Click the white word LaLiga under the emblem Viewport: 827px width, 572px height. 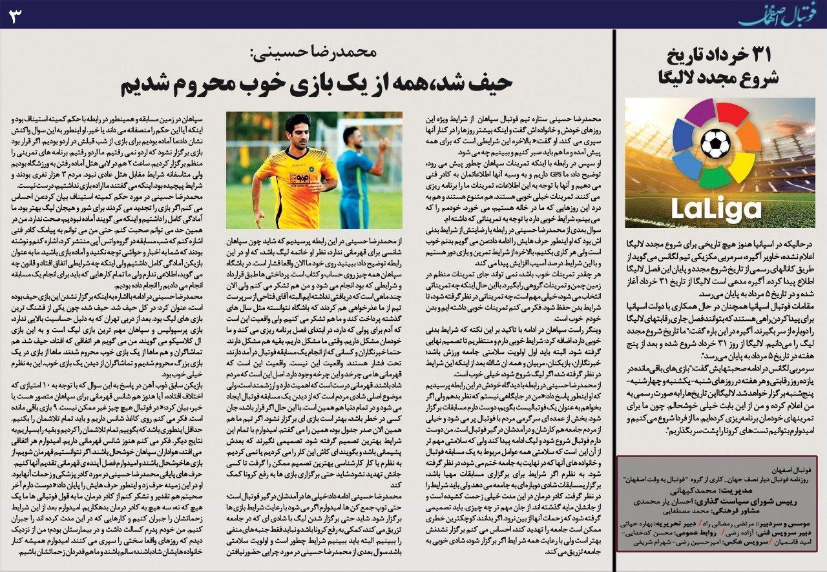pyautogui.click(x=715, y=207)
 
